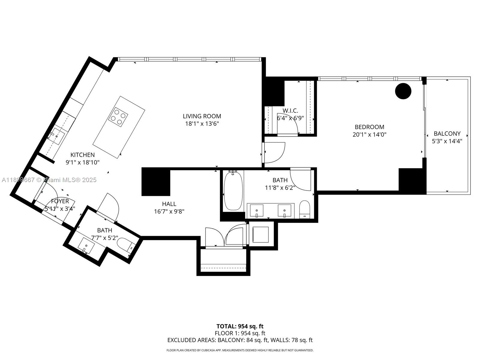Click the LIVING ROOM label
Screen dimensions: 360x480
point(202,116)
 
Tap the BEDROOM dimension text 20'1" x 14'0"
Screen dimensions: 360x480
point(369,135)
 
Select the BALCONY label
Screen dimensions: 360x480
point(447,133)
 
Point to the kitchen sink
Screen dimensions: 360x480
point(57,136)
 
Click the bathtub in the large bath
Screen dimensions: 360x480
point(233,190)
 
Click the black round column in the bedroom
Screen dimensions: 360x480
point(403,91)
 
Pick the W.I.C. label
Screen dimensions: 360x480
point(290,111)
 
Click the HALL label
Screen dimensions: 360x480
point(169,204)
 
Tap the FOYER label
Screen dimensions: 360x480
point(60,201)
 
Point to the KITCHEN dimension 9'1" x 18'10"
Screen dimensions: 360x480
point(82,162)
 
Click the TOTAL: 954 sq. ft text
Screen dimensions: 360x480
point(240,326)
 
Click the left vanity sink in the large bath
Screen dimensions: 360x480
point(256,210)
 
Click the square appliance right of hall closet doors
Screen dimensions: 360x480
point(260,234)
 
